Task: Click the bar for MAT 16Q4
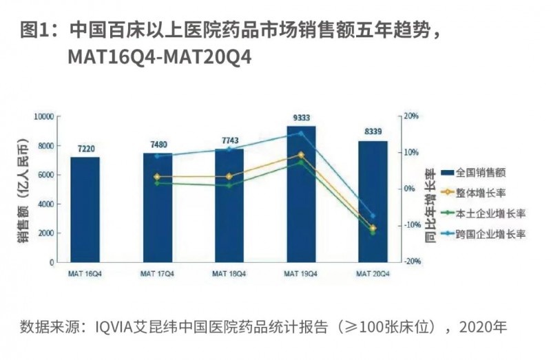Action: pos(85,210)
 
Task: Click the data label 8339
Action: pos(373,132)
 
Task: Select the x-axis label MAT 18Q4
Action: pos(229,273)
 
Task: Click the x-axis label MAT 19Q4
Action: pos(301,273)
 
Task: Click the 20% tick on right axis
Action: pos(411,116)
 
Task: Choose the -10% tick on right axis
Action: pos(412,225)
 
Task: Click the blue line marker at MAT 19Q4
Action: pos(301,134)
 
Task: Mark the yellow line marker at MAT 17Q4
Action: pos(157,177)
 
